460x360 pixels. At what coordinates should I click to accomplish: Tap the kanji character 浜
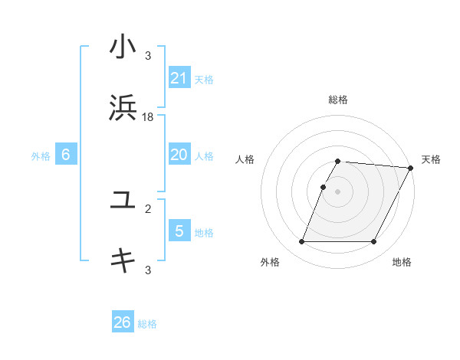pyautogui.click(x=123, y=107)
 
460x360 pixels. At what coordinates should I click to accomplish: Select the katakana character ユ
pyautogui.click(x=123, y=201)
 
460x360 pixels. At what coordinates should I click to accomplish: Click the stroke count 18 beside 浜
pyautogui.click(x=148, y=116)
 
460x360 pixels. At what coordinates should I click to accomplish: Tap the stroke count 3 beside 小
pyautogui.click(x=148, y=56)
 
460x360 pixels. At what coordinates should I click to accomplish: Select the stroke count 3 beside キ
pyautogui.click(x=148, y=269)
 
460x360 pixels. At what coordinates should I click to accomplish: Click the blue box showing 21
pyautogui.click(x=179, y=77)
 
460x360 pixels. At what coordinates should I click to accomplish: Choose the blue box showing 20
pyautogui.click(x=179, y=155)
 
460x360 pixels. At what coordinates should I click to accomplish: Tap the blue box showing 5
pyautogui.click(x=179, y=231)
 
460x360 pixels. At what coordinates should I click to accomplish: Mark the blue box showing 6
pyautogui.click(x=66, y=155)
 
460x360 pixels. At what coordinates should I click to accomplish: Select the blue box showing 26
pyautogui.click(x=123, y=322)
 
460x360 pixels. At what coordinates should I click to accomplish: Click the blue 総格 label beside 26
pyautogui.click(x=148, y=324)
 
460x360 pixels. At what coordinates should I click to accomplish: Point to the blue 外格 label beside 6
pyautogui.click(x=41, y=156)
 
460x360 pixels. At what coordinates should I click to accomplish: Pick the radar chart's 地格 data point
pyautogui.click(x=374, y=242)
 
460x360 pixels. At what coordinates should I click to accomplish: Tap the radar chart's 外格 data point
pyautogui.click(x=301, y=242)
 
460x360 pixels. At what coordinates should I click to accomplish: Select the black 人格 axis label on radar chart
pyautogui.click(x=245, y=159)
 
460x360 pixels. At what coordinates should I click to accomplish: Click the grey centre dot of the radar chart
pyautogui.click(x=337, y=191)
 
